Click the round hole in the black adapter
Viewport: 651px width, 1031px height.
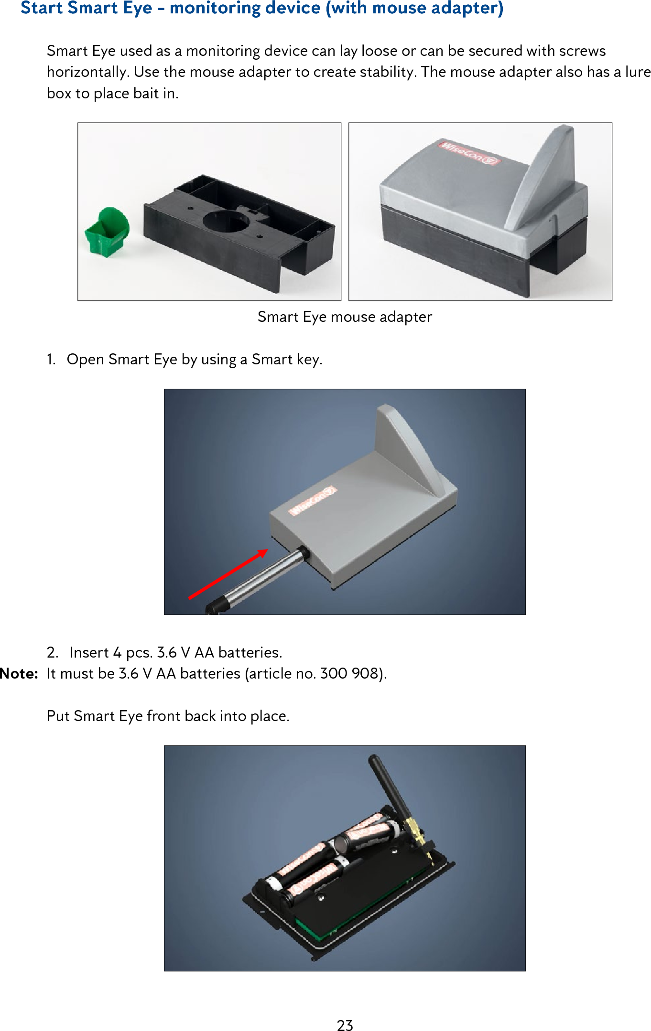click(226, 221)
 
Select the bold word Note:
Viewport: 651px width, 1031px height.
click(19, 674)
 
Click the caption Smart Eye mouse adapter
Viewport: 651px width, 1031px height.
click(345, 317)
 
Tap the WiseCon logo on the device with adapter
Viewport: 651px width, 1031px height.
click(469, 153)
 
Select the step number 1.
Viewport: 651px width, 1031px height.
click(51, 360)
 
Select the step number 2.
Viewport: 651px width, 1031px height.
click(52, 653)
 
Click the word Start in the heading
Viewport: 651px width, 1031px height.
click(42, 8)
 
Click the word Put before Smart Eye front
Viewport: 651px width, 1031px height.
click(58, 716)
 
